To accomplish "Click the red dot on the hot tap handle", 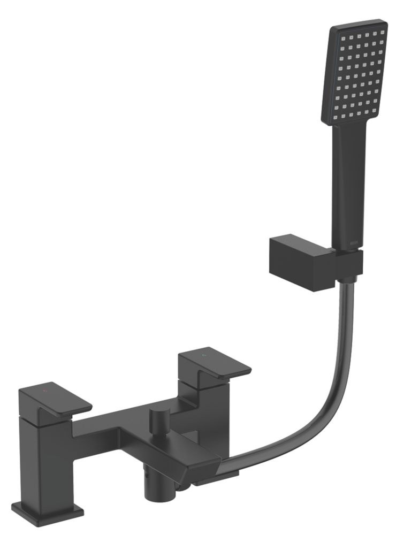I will pos(45,392).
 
